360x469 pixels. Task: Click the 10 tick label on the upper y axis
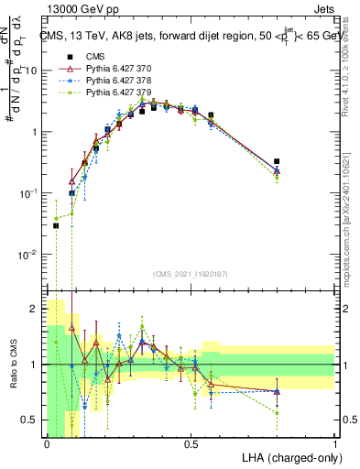pos(32,71)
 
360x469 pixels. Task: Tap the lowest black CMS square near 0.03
pos(56,225)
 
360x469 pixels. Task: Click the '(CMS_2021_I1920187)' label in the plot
pos(190,275)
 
